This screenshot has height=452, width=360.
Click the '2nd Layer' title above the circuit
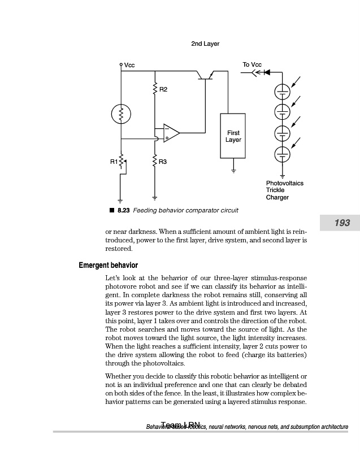click(x=205, y=44)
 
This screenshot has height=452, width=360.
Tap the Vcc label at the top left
click(x=129, y=66)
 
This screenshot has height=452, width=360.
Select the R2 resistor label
click(x=163, y=89)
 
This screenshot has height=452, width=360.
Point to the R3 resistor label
click(x=163, y=162)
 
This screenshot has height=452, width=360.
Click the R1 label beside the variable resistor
click(x=114, y=162)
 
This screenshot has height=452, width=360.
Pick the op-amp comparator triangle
click(x=171, y=134)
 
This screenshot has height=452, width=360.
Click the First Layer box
click(x=233, y=136)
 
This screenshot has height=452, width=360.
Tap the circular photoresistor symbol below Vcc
click(x=121, y=115)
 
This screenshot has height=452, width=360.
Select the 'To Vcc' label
click(x=252, y=64)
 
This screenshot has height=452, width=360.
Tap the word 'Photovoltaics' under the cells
click(x=285, y=183)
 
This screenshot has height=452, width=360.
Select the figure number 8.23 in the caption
click(x=123, y=210)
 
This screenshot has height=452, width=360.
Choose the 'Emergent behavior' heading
click(x=108, y=265)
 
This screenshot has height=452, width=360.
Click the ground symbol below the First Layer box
click(x=233, y=168)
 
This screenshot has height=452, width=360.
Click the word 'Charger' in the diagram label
click(x=277, y=198)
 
